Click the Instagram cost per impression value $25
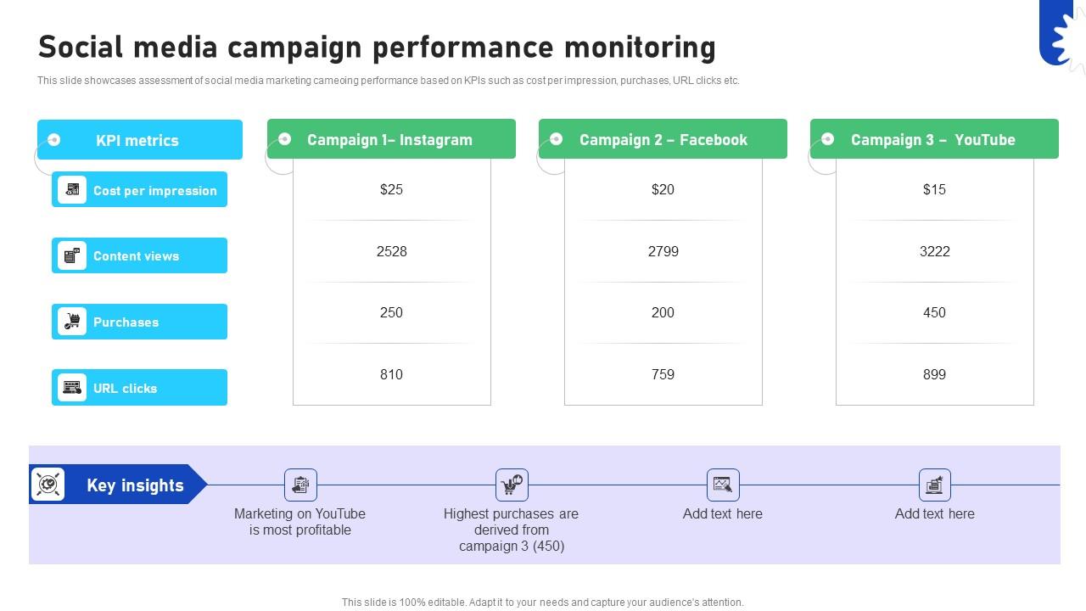tap(391, 189)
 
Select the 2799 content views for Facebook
tap(663, 251)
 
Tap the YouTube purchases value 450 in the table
tap(934, 312)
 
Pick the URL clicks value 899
tap(934, 374)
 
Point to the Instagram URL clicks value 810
tap(391, 374)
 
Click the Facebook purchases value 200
tap(663, 312)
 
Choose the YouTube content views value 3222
tap(934, 251)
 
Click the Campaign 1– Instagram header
tap(389, 140)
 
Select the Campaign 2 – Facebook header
tap(663, 140)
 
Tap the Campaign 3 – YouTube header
tap(932, 140)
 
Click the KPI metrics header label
tap(137, 141)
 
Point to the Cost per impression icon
tap(72, 190)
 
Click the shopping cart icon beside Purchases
tap(72, 322)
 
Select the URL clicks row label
tap(126, 389)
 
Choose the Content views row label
tap(136, 256)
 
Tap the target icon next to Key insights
tap(48, 485)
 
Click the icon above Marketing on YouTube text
tap(300, 485)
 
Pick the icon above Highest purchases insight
tap(512, 485)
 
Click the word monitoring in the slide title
tap(640, 48)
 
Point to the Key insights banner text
tap(135, 485)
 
